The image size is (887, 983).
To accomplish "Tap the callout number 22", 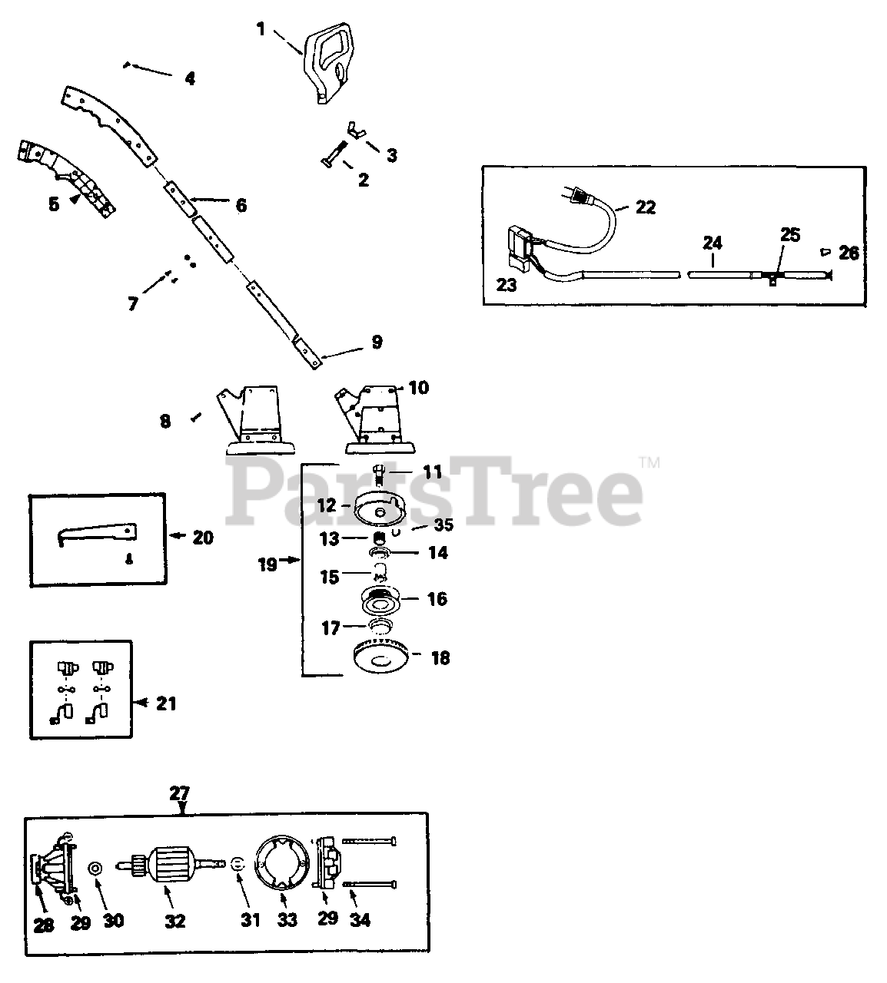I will [x=646, y=207].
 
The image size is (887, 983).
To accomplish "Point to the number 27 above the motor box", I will [x=179, y=793].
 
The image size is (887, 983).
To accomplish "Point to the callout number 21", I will [x=167, y=703].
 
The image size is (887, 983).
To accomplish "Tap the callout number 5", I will [x=53, y=205].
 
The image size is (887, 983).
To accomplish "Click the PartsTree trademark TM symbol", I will [x=649, y=463].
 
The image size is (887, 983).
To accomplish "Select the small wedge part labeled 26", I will [x=825, y=250].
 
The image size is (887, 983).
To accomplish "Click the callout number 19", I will [x=267, y=564].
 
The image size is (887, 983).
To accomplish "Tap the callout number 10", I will [x=418, y=388].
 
